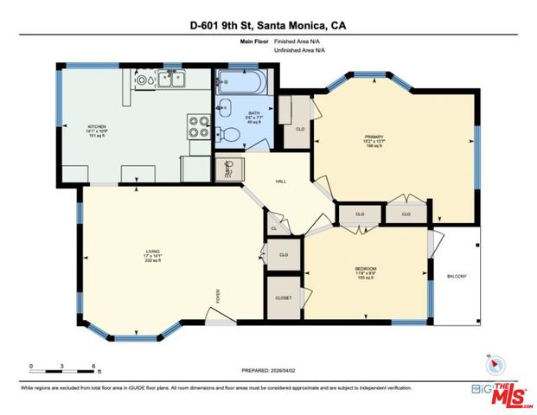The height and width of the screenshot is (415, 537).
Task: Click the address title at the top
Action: tap(268, 25)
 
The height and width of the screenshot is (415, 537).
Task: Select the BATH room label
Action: tap(253, 113)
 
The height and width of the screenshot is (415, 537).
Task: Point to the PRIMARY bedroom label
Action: tap(374, 136)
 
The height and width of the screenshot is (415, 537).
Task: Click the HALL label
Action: tap(280, 182)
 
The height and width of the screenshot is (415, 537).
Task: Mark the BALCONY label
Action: tap(456, 277)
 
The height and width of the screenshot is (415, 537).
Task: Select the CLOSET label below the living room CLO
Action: tap(283, 297)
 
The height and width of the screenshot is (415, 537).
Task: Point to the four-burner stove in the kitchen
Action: tap(200, 127)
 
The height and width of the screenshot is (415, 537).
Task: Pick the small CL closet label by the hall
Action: tap(274, 228)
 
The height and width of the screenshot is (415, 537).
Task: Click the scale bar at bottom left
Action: tap(65, 366)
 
